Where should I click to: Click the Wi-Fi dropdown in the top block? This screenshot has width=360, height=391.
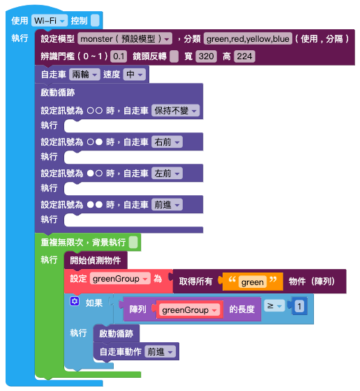[49, 20]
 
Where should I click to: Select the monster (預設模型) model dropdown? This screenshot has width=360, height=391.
[125, 38]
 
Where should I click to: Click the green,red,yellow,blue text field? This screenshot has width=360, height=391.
[248, 38]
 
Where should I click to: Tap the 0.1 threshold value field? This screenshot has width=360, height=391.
[119, 56]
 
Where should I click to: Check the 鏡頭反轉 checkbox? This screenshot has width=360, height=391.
[174, 56]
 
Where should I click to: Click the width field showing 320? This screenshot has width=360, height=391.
[207, 56]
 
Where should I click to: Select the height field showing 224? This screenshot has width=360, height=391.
[244, 56]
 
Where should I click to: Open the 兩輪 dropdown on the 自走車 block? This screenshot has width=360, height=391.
[84, 75]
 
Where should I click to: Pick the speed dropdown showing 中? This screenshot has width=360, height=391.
[135, 75]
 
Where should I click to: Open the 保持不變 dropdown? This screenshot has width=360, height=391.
[176, 110]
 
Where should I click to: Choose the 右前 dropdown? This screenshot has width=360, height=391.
[167, 142]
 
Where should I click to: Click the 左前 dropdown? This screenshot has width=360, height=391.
[167, 174]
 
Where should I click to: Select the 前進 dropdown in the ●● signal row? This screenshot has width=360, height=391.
[167, 205]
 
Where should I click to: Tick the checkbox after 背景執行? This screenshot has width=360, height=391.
[133, 243]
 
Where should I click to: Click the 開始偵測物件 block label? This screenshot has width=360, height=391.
[96, 261]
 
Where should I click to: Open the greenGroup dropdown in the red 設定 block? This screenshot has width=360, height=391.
[120, 279]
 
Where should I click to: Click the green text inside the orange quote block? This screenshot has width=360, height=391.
[253, 282]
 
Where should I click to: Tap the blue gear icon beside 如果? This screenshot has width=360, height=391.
[75, 302]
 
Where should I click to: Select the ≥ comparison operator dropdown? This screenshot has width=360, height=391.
[274, 306]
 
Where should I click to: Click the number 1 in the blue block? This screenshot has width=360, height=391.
[299, 306]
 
